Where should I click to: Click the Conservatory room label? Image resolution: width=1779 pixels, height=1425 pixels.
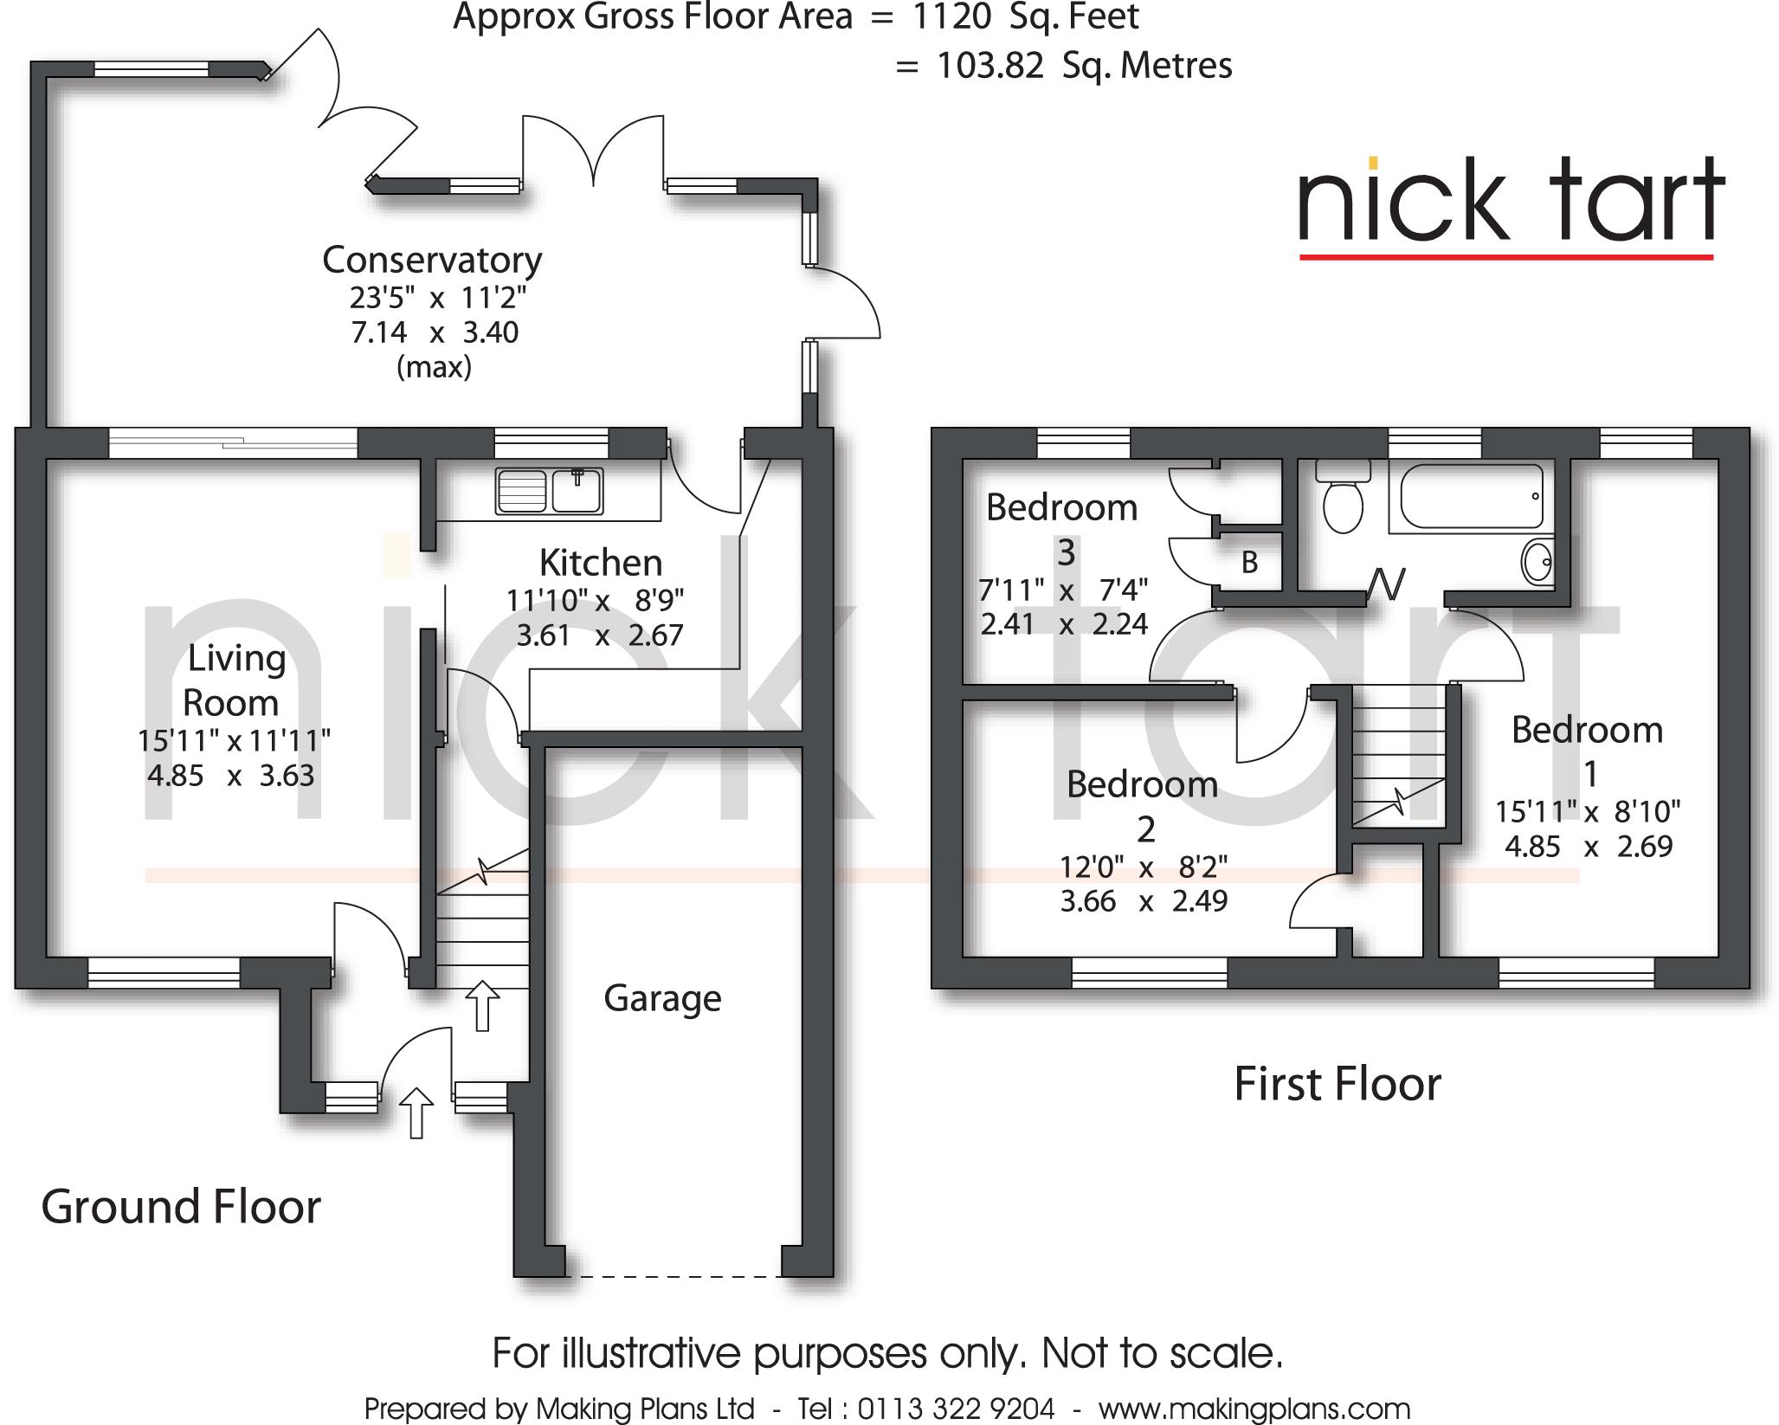coord(432,260)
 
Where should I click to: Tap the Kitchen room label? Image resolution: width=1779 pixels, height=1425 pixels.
coord(600,563)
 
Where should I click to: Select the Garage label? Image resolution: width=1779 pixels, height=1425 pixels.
coord(662,998)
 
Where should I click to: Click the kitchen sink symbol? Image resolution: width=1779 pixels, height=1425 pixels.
coord(549,491)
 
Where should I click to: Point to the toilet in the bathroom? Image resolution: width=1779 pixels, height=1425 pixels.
coord(1343,498)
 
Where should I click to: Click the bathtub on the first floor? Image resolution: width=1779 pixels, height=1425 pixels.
coord(1470,496)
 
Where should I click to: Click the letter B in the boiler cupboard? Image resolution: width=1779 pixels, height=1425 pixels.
coord(1249,564)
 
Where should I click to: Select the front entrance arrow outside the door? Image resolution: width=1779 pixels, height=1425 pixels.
coord(416,1112)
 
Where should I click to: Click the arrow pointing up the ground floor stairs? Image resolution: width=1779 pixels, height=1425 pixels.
coord(482,1005)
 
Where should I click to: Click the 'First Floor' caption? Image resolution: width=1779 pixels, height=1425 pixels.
coord(1337,1084)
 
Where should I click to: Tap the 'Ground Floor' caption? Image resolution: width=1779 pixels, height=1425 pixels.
coord(181,1207)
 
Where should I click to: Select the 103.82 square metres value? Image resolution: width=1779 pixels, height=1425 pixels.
coord(990,66)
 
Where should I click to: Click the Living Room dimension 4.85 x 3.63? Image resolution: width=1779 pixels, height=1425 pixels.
coord(230,776)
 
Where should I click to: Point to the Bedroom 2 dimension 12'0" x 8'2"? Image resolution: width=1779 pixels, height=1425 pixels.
coord(1144,867)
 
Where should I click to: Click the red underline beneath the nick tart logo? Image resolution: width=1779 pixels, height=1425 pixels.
coord(1506,256)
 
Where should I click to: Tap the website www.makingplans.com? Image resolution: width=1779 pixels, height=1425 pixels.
coord(1254,1409)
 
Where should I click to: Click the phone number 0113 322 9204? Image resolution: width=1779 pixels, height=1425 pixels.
coord(956,1409)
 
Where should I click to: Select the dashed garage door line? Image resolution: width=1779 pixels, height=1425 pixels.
coord(673,1277)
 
